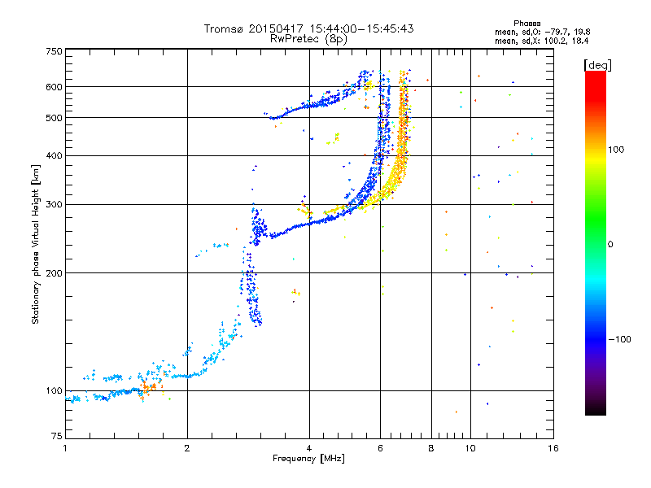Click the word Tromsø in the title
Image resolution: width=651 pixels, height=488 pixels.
click(225, 28)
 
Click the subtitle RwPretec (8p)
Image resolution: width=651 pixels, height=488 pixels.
click(308, 39)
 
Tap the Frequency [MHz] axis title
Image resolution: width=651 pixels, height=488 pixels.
click(308, 459)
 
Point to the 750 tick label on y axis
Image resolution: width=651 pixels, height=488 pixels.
click(55, 51)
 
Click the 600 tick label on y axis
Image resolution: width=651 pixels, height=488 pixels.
click(55, 87)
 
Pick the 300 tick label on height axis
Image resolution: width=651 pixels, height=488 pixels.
click(55, 204)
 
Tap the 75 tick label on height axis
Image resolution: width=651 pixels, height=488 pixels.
click(57, 436)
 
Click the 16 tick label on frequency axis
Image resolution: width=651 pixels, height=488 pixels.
click(553, 448)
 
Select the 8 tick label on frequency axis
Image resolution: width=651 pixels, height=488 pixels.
click(431, 448)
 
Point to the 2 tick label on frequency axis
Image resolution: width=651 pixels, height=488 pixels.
click(187, 448)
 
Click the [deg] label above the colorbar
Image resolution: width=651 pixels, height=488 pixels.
click(597, 65)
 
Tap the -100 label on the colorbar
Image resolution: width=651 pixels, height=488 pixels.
click(620, 339)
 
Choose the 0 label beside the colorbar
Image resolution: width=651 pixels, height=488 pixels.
click(610, 245)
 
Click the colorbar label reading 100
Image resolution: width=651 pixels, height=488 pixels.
click(616, 150)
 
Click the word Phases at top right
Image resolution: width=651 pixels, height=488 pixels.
click(526, 24)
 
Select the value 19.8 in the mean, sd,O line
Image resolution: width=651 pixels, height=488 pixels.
click(582, 32)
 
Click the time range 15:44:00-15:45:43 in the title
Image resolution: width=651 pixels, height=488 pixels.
click(361, 28)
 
